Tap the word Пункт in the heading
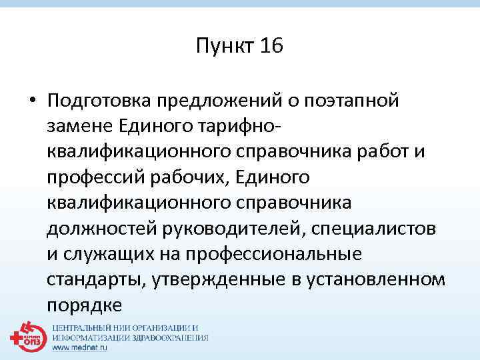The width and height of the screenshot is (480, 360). (x=223, y=47)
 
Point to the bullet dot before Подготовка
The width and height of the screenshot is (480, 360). (x=31, y=101)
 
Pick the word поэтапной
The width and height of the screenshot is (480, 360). (x=356, y=101)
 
